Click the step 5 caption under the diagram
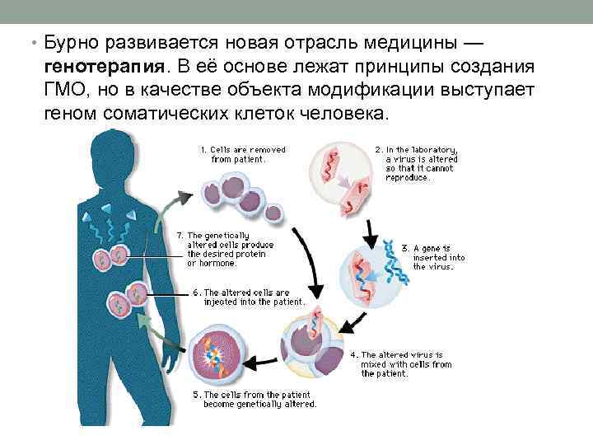[x=254, y=399]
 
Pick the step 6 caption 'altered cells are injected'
[x=251, y=297]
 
